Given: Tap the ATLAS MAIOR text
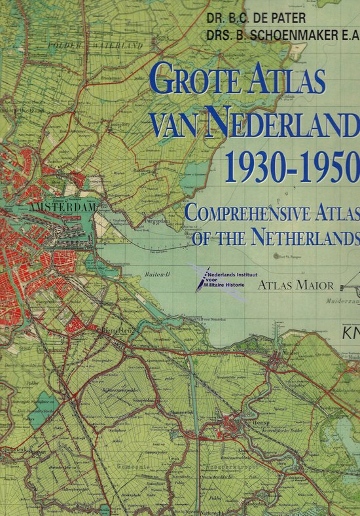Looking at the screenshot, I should click(297, 285).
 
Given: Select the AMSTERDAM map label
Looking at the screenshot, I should click(62, 207).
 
